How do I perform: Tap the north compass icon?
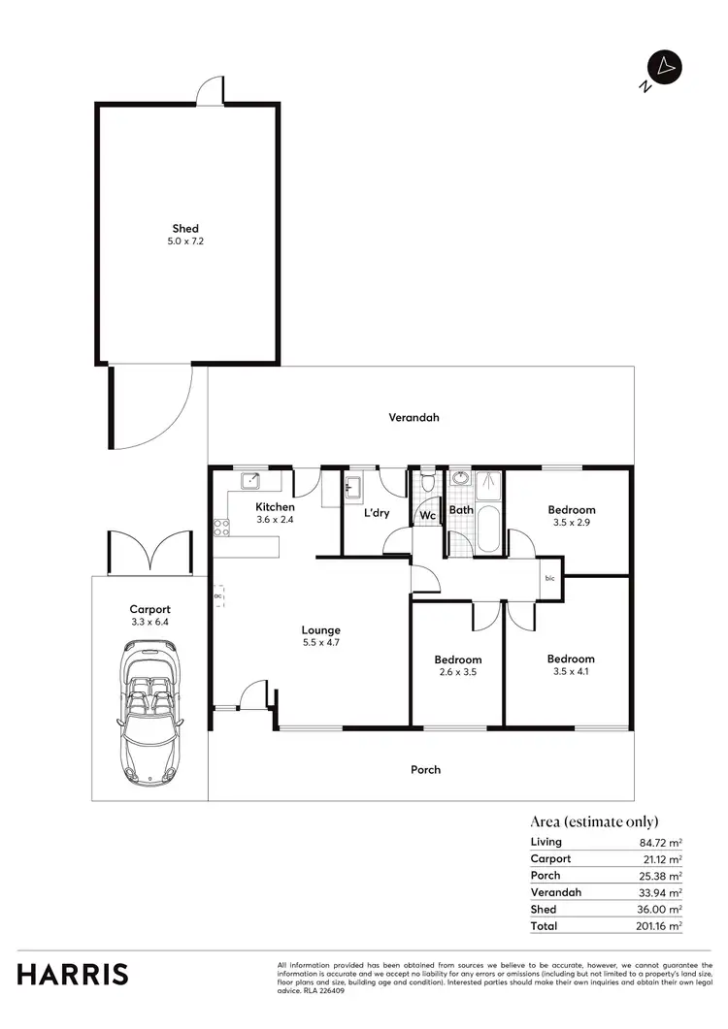pos(664,68)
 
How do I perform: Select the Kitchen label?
pos(275,507)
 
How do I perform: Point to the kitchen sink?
pos(251,478)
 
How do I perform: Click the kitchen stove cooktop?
pos(221,529)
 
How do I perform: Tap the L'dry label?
pos(377,513)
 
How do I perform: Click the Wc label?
pos(427,516)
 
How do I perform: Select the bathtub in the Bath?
pos(487,529)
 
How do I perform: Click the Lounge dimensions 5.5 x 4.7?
pos(320,642)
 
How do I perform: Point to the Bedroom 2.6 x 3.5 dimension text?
pos(457,671)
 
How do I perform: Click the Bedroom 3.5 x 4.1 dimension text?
pos(571,671)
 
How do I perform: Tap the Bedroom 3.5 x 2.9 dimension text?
pos(571,522)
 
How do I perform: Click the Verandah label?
pos(414,418)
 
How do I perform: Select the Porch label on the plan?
pos(425,770)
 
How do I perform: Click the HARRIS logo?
pos(72,975)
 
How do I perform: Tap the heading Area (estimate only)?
pos(594,820)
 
